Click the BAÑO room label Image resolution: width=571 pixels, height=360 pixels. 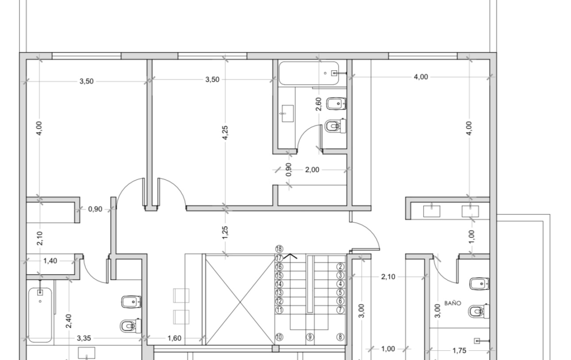pos(452,303)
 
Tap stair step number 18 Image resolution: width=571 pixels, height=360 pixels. pos(279,249)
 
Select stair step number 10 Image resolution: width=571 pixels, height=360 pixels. pos(279,337)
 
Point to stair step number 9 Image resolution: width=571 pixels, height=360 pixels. pos(310,337)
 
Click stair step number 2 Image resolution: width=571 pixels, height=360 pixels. pos(341,267)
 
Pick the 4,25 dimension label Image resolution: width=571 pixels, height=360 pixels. pos(225,133)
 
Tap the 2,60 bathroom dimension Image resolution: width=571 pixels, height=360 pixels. pos(318,104)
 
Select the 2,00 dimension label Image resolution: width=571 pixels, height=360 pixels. pos(312,170)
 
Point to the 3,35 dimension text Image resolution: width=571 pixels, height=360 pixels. pos(84,338)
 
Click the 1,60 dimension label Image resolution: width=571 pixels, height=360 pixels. pos(174,338)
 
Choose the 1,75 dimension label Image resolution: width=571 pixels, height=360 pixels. pos(459,351)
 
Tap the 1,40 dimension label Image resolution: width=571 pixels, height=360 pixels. pos(50,260)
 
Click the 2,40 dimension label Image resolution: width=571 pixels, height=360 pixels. pos(68,321)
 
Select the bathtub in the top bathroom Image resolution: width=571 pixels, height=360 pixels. pos(309,73)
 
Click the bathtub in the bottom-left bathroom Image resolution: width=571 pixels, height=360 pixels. pos(40,315)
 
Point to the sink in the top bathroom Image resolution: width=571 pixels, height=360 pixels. pos(287,114)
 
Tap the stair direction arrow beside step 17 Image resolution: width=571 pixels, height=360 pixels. pos(290,256)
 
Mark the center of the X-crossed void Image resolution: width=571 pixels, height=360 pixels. pos(240,300)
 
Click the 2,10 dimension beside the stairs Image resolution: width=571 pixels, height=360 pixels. pos(388,277)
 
